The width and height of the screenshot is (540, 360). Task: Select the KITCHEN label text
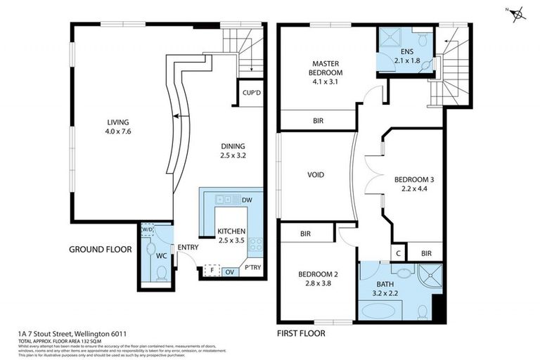[231, 231]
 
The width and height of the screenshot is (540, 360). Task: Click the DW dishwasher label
[247, 200]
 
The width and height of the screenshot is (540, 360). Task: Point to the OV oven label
[229, 269]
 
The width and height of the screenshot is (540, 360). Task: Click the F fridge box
[209, 269]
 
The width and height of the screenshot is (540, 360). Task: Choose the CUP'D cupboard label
[252, 93]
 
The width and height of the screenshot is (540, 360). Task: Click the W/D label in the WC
[147, 229]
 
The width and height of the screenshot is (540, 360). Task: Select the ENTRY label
[188, 247]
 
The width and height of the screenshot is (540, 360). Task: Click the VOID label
[316, 175]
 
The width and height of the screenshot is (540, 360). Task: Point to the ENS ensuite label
[406, 52]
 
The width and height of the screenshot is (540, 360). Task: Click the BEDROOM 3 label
[414, 179]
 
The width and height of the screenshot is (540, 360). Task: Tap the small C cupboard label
[397, 253]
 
